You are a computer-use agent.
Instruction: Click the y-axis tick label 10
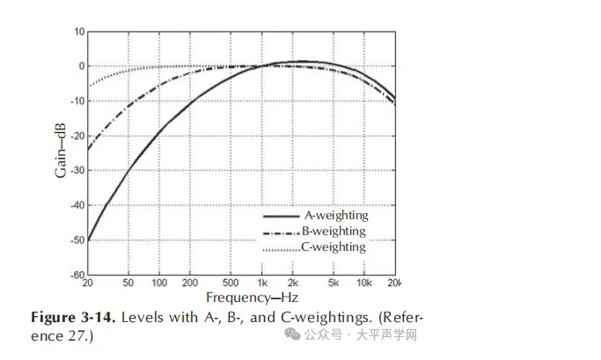[79, 32]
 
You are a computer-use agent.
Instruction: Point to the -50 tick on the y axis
[77, 239]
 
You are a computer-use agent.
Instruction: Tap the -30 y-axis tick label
[77, 170]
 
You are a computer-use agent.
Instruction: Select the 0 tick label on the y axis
[82, 66]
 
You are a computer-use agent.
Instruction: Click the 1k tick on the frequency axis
[261, 283]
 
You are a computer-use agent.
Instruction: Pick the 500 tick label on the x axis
[230, 283]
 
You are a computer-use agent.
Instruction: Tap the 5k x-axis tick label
[333, 283]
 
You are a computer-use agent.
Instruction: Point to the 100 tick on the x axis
[159, 283]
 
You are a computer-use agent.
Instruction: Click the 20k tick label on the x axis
[394, 283]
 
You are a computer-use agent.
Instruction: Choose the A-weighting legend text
[336, 215]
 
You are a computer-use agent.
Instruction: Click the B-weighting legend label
[333, 231]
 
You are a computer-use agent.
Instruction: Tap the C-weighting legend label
[333, 246]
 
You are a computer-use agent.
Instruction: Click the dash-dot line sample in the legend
[282, 231]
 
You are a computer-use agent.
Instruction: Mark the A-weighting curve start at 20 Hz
[88, 239]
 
